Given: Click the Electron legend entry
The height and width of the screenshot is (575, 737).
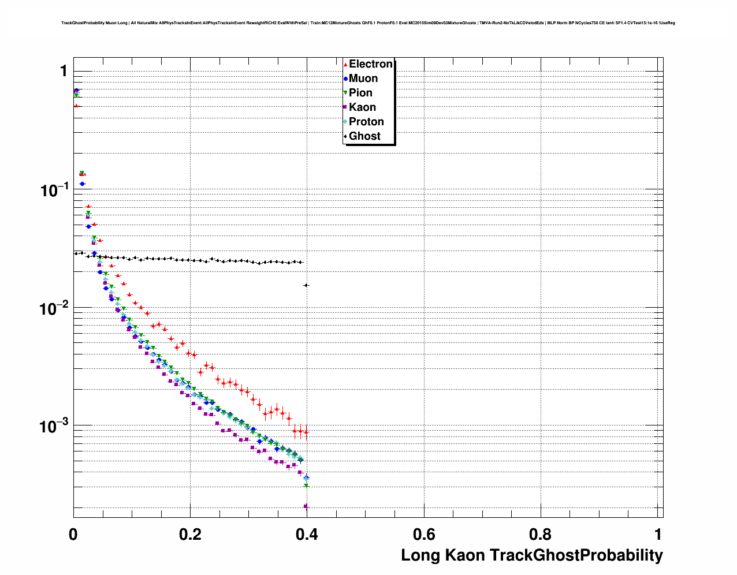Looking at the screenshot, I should (x=370, y=64).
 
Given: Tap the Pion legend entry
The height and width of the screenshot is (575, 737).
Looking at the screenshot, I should (x=360, y=93).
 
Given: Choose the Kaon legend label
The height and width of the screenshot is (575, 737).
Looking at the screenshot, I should (x=362, y=107).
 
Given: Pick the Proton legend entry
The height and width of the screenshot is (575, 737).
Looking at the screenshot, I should (x=366, y=122).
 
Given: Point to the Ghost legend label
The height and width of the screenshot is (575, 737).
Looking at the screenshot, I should (x=364, y=136).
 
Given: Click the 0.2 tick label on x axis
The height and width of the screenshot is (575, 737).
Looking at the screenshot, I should (x=190, y=534).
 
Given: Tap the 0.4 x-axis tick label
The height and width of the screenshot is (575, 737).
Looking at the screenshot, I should (x=307, y=534).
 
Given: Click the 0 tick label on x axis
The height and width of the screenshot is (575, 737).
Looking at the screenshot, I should (x=73, y=534).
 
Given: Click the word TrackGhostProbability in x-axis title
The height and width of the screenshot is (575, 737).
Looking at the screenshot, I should (x=576, y=555).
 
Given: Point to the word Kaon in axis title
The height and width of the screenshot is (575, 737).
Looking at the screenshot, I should (x=465, y=555).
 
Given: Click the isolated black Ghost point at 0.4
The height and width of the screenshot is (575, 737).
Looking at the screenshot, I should (x=306, y=285).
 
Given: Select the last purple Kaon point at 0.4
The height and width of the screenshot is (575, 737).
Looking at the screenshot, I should (x=306, y=506).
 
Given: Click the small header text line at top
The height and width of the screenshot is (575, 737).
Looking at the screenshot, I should (x=368, y=23).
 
